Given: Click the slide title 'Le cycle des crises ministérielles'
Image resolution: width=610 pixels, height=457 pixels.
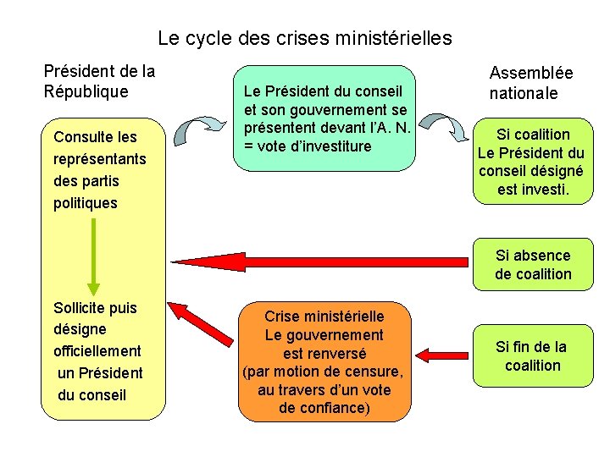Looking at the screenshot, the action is pos(305,38).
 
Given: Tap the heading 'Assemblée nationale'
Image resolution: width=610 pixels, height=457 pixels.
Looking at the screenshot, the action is pos(530,84).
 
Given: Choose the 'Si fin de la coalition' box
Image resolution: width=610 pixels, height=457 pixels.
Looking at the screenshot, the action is pos(532,355).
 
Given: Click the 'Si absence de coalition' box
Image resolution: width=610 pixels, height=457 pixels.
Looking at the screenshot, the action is pos(533,264).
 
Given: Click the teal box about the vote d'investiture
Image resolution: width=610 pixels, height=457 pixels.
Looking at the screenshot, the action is pos(324,118).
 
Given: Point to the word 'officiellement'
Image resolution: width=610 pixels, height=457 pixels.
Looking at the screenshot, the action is pos(97,350).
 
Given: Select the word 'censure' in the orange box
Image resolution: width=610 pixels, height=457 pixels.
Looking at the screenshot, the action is pos(379,372).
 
